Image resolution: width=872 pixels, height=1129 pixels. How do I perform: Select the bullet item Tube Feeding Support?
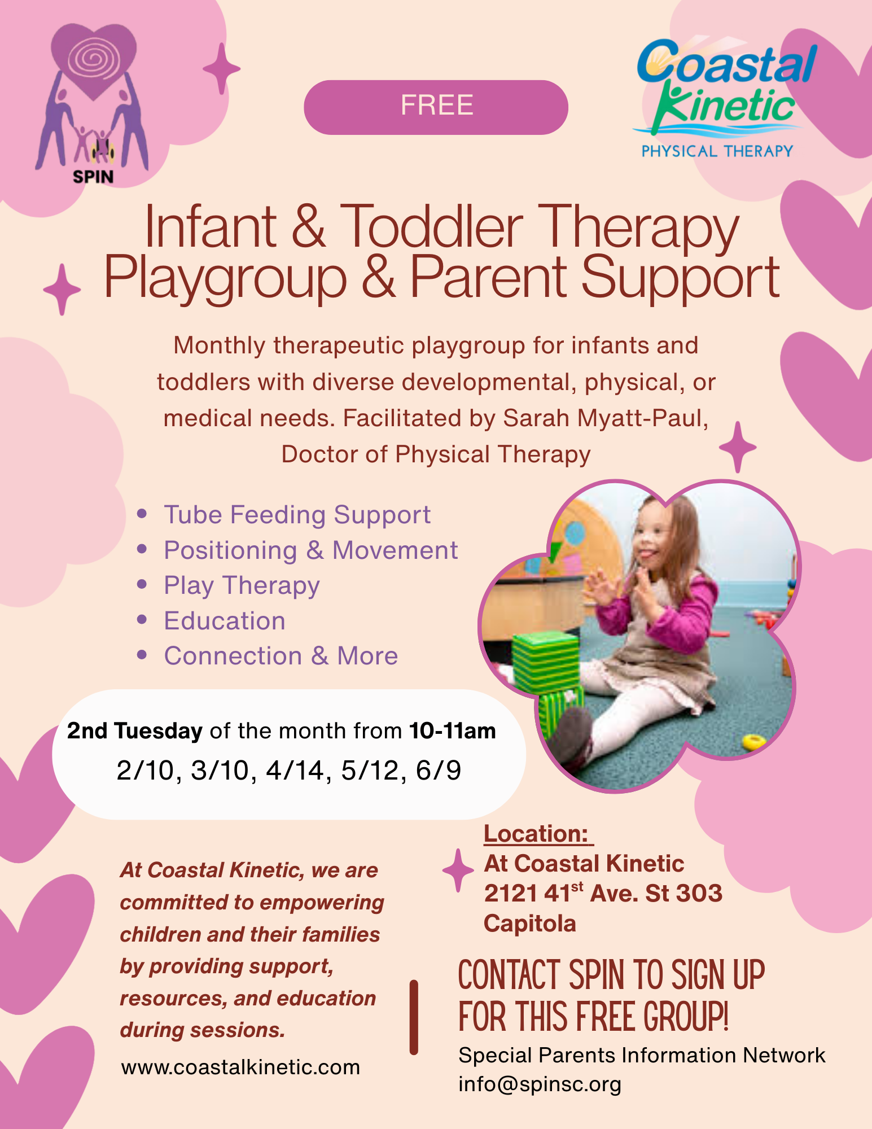297,515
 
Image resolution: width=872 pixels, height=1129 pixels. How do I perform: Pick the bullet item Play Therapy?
242,585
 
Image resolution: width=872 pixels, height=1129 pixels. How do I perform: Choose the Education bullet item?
225,621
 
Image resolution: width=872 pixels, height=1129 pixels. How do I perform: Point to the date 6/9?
439,771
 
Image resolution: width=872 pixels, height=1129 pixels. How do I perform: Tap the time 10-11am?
453,731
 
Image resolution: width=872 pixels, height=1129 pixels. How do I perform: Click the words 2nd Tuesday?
134,731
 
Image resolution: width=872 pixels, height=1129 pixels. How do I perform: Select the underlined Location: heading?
536,834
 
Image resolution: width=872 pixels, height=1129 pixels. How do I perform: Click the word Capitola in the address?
529,924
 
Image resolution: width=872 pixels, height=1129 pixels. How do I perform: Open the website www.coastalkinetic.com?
240,1067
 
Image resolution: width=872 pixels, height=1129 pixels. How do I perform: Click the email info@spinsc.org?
540,1084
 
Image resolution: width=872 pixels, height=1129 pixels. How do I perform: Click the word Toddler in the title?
432,227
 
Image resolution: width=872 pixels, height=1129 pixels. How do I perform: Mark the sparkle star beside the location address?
458,870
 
